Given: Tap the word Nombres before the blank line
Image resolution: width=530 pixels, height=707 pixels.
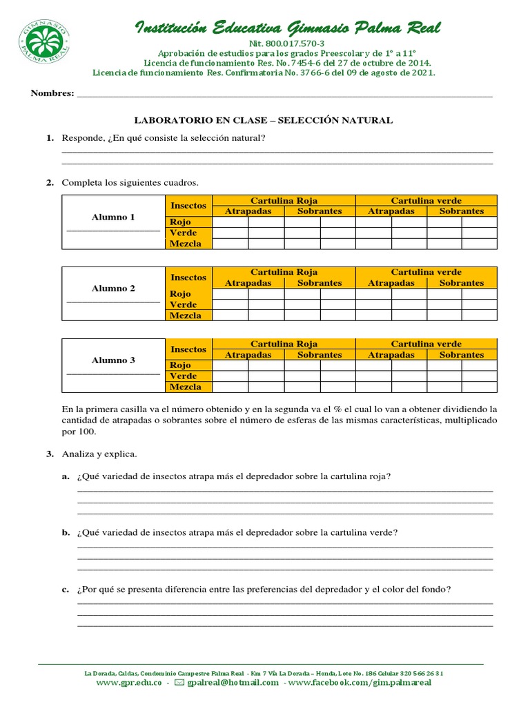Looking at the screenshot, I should pos(52,93).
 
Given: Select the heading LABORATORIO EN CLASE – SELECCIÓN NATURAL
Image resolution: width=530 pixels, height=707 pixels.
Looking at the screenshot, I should pos(263,120).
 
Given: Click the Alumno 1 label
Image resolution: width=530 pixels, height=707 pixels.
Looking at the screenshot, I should pos(113,217).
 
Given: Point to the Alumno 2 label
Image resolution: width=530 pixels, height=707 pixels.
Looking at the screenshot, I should pos(113,289).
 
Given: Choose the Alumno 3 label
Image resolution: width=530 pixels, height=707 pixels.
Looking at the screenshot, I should pos(113,360).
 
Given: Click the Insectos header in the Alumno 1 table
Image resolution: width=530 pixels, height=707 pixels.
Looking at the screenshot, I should pos(188,206).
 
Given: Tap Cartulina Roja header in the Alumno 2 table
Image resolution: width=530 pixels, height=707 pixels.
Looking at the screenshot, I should pos(284,272).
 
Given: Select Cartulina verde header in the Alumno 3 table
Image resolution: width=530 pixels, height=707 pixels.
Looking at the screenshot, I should pos(426,344).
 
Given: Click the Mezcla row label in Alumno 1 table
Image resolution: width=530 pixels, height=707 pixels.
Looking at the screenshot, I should pos(185,244).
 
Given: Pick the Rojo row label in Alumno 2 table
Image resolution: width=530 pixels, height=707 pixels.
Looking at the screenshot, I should pos(180,293).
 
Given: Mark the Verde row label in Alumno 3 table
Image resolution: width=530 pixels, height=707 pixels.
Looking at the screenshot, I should pos(183,376).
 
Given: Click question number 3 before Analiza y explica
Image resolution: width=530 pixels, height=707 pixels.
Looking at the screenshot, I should pos(50,454).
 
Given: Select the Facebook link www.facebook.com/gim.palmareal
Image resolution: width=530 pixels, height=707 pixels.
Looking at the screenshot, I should pos(360,682).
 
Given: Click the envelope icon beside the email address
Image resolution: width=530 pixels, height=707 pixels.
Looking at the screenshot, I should pos(179,682).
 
